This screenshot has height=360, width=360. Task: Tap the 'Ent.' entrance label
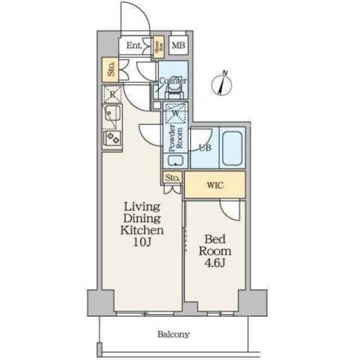[x=134, y=46]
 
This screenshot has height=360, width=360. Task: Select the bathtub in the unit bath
[x=232, y=148]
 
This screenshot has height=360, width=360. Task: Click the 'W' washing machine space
[x=175, y=114]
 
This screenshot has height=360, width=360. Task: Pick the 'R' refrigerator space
[x=112, y=94]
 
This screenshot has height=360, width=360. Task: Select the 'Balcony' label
[x=173, y=335]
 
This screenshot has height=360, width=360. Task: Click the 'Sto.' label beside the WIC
[x=173, y=178]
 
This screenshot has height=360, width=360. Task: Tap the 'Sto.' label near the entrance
[x=111, y=71]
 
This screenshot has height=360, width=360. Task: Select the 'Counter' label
[x=173, y=81]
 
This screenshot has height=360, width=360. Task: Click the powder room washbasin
[x=175, y=160]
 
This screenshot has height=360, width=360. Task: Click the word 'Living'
[x=142, y=206]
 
